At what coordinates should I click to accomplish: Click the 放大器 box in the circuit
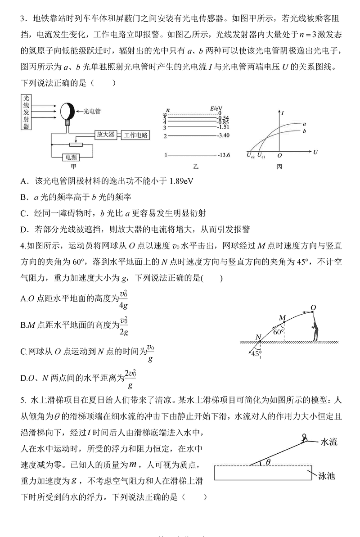106,135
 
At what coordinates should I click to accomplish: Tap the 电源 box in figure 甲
71,158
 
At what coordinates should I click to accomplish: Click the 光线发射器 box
27,112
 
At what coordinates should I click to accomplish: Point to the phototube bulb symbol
67,110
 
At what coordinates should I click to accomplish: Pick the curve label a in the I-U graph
305,123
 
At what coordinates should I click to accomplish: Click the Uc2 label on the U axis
250,155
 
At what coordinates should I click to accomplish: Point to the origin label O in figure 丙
279,155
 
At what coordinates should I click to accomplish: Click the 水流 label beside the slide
328,442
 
